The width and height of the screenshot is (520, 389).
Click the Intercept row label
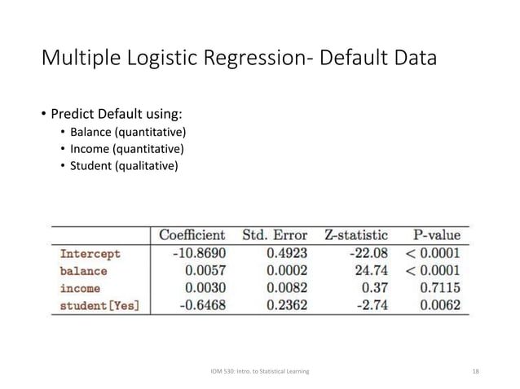click(90, 254)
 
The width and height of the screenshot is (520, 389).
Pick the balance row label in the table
click(83, 271)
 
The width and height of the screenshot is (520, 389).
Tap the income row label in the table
click(80, 288)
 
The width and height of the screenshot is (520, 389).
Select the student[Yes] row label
click(99, 305)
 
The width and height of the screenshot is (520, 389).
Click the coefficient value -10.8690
click(198, 254)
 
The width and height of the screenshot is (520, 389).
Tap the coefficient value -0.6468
click(201, 305)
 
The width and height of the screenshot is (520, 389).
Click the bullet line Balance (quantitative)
click(127, 133)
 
